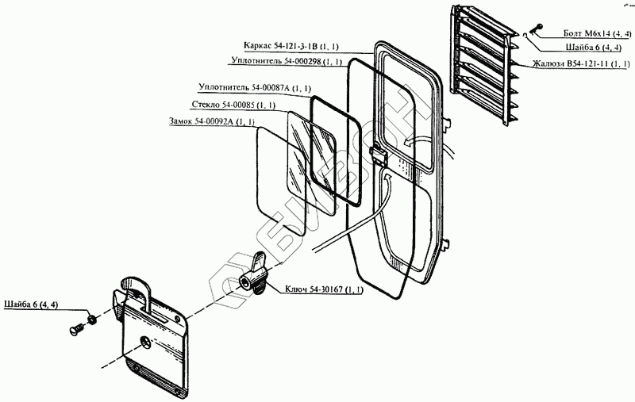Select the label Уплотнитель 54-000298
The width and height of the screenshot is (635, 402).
click(287, 60)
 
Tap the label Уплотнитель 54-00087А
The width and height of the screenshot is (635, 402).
click(254, 87)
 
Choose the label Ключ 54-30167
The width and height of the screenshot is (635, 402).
click(324, 289)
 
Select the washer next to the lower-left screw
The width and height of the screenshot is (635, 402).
click(92, 319)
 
